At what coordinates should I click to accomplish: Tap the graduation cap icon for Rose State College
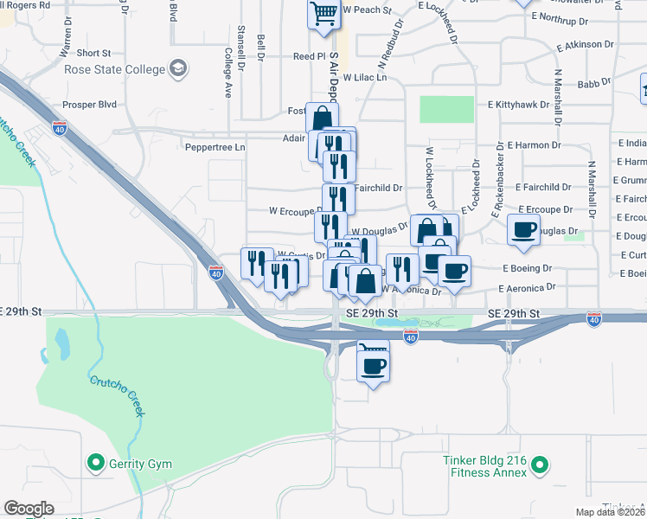click(178, 67)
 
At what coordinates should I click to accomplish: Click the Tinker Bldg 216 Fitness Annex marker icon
click(541, 466)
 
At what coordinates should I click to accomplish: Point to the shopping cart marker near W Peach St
click(323, 14)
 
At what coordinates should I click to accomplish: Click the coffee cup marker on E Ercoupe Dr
click(524, 229)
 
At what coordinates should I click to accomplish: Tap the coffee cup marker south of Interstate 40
click(374, 366)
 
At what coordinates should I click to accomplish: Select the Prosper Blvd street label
click(89, 105)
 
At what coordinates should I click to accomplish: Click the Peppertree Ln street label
click(215, 147)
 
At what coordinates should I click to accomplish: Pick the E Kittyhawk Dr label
click(518, 105)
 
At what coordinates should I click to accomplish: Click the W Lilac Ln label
click(363, 77)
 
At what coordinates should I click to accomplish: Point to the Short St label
click(94, 54)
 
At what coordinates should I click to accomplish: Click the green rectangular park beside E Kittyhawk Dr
click(446, 110)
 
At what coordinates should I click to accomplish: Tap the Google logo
click(29, 509)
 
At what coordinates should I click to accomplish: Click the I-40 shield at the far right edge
click(593, 320)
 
